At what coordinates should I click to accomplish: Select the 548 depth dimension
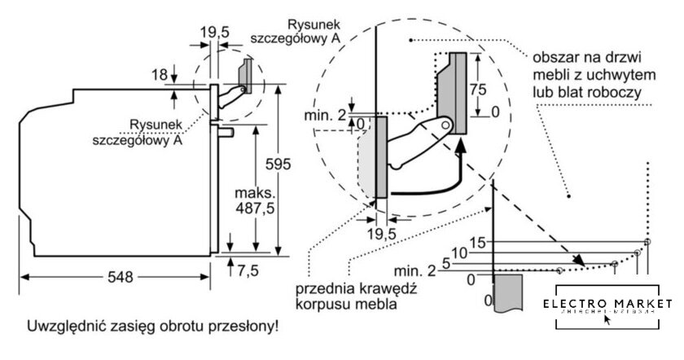pos(119,276)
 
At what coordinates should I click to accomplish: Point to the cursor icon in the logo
pos(607,318)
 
